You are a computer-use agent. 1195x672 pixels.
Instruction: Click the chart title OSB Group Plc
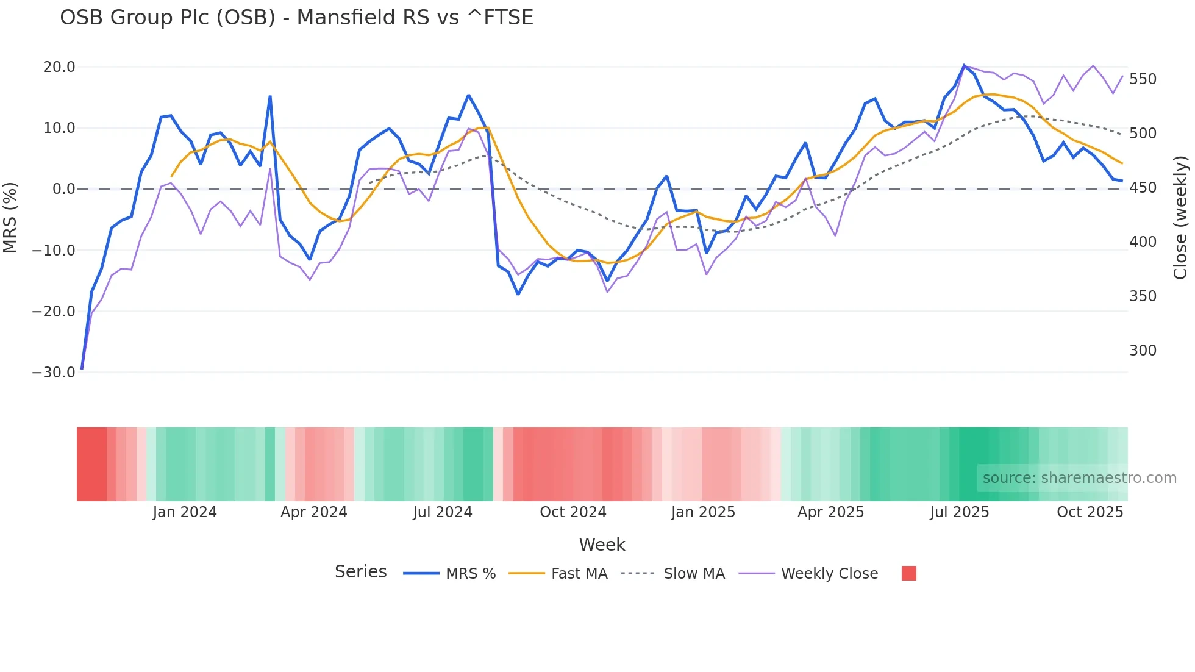point(296,18)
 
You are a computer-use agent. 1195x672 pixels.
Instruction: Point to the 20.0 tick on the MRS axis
point(59,67)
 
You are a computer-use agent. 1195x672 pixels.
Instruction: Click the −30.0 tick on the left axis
point(54,373)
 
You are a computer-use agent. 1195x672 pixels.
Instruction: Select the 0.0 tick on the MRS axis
point(63,189)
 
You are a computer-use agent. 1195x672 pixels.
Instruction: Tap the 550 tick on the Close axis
point(1143,79)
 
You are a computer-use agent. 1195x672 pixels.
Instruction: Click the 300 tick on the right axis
point(1143,351)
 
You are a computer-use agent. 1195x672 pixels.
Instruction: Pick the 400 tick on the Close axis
point(1143,242)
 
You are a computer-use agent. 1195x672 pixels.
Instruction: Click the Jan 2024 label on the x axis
point(185,512)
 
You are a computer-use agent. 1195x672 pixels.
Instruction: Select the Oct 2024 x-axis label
point(573,512)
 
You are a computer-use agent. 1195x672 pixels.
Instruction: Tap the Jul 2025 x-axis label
point(959,512)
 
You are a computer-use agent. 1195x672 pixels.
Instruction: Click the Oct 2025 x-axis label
point(1090,512)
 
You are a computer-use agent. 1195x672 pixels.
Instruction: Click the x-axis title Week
point(602,545)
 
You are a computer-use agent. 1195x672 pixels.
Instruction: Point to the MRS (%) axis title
point(10,217)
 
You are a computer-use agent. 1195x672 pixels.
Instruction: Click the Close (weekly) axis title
point(1180,217)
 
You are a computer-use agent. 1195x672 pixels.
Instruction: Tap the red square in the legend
point(908,573)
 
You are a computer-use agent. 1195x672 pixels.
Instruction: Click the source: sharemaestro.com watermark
point(1079,478)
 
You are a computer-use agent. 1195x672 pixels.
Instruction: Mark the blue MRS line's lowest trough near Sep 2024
point(518,294)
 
